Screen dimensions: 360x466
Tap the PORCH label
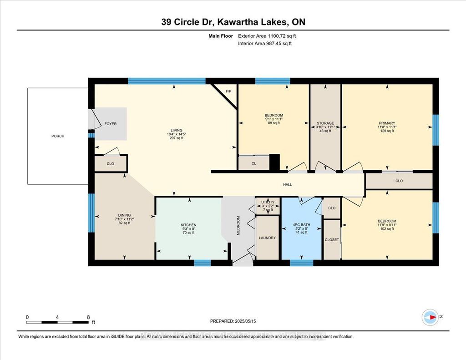tap(57, 136)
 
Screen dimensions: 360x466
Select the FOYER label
tap(111, 123)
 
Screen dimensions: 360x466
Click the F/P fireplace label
tap(229, 91)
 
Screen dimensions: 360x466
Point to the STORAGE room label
tap(325, 123)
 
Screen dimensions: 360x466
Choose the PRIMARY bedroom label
tap(386, 123)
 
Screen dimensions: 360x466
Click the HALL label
tap(287, 185)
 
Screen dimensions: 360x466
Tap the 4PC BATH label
tap(301, 224)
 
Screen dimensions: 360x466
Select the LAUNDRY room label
tap(267, 238)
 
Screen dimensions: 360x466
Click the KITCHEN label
tap(188, 225)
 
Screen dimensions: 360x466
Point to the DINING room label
tap(124, 215)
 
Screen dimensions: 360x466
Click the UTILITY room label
tap(268, 202)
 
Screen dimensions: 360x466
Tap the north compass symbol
tap(430, 317)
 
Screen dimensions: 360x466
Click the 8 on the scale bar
tap(88, 317)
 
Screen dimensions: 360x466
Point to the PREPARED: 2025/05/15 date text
tap(233, 320)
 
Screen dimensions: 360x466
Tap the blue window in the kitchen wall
tap(202, 263)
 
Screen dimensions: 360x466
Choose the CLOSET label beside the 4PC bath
tap(332, 239)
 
